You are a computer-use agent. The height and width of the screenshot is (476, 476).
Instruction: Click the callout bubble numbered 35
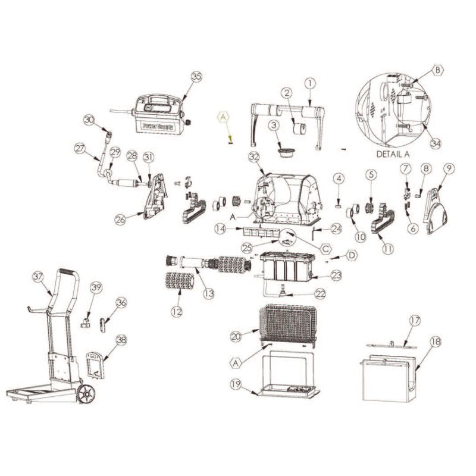196,77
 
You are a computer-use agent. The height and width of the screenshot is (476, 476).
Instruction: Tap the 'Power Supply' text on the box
158,126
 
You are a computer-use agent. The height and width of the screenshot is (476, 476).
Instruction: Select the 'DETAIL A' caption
393,154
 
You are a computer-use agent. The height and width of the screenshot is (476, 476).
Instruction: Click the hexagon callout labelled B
438,70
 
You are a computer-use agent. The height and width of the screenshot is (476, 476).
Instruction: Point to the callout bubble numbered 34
436,143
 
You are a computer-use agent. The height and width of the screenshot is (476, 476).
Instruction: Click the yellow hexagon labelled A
224,117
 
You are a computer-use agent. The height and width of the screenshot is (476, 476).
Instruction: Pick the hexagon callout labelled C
325,249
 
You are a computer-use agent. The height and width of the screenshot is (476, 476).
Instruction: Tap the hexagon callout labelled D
352,256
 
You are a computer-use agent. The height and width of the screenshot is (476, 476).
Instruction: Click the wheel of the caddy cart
86,394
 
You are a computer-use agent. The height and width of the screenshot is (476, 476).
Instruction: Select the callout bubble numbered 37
38,277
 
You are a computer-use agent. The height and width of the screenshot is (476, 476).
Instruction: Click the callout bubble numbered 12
177,311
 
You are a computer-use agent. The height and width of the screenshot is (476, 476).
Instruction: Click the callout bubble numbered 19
236,384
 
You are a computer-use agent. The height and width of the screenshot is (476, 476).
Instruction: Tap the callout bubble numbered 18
436,342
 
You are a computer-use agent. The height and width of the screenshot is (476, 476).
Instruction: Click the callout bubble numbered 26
121,220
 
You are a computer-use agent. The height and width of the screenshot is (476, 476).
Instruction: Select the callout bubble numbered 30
89,120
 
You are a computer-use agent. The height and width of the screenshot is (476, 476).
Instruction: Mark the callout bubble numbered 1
310,83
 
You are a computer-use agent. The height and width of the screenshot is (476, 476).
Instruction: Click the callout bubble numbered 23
336,275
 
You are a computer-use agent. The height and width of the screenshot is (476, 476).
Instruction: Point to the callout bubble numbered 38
121,340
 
